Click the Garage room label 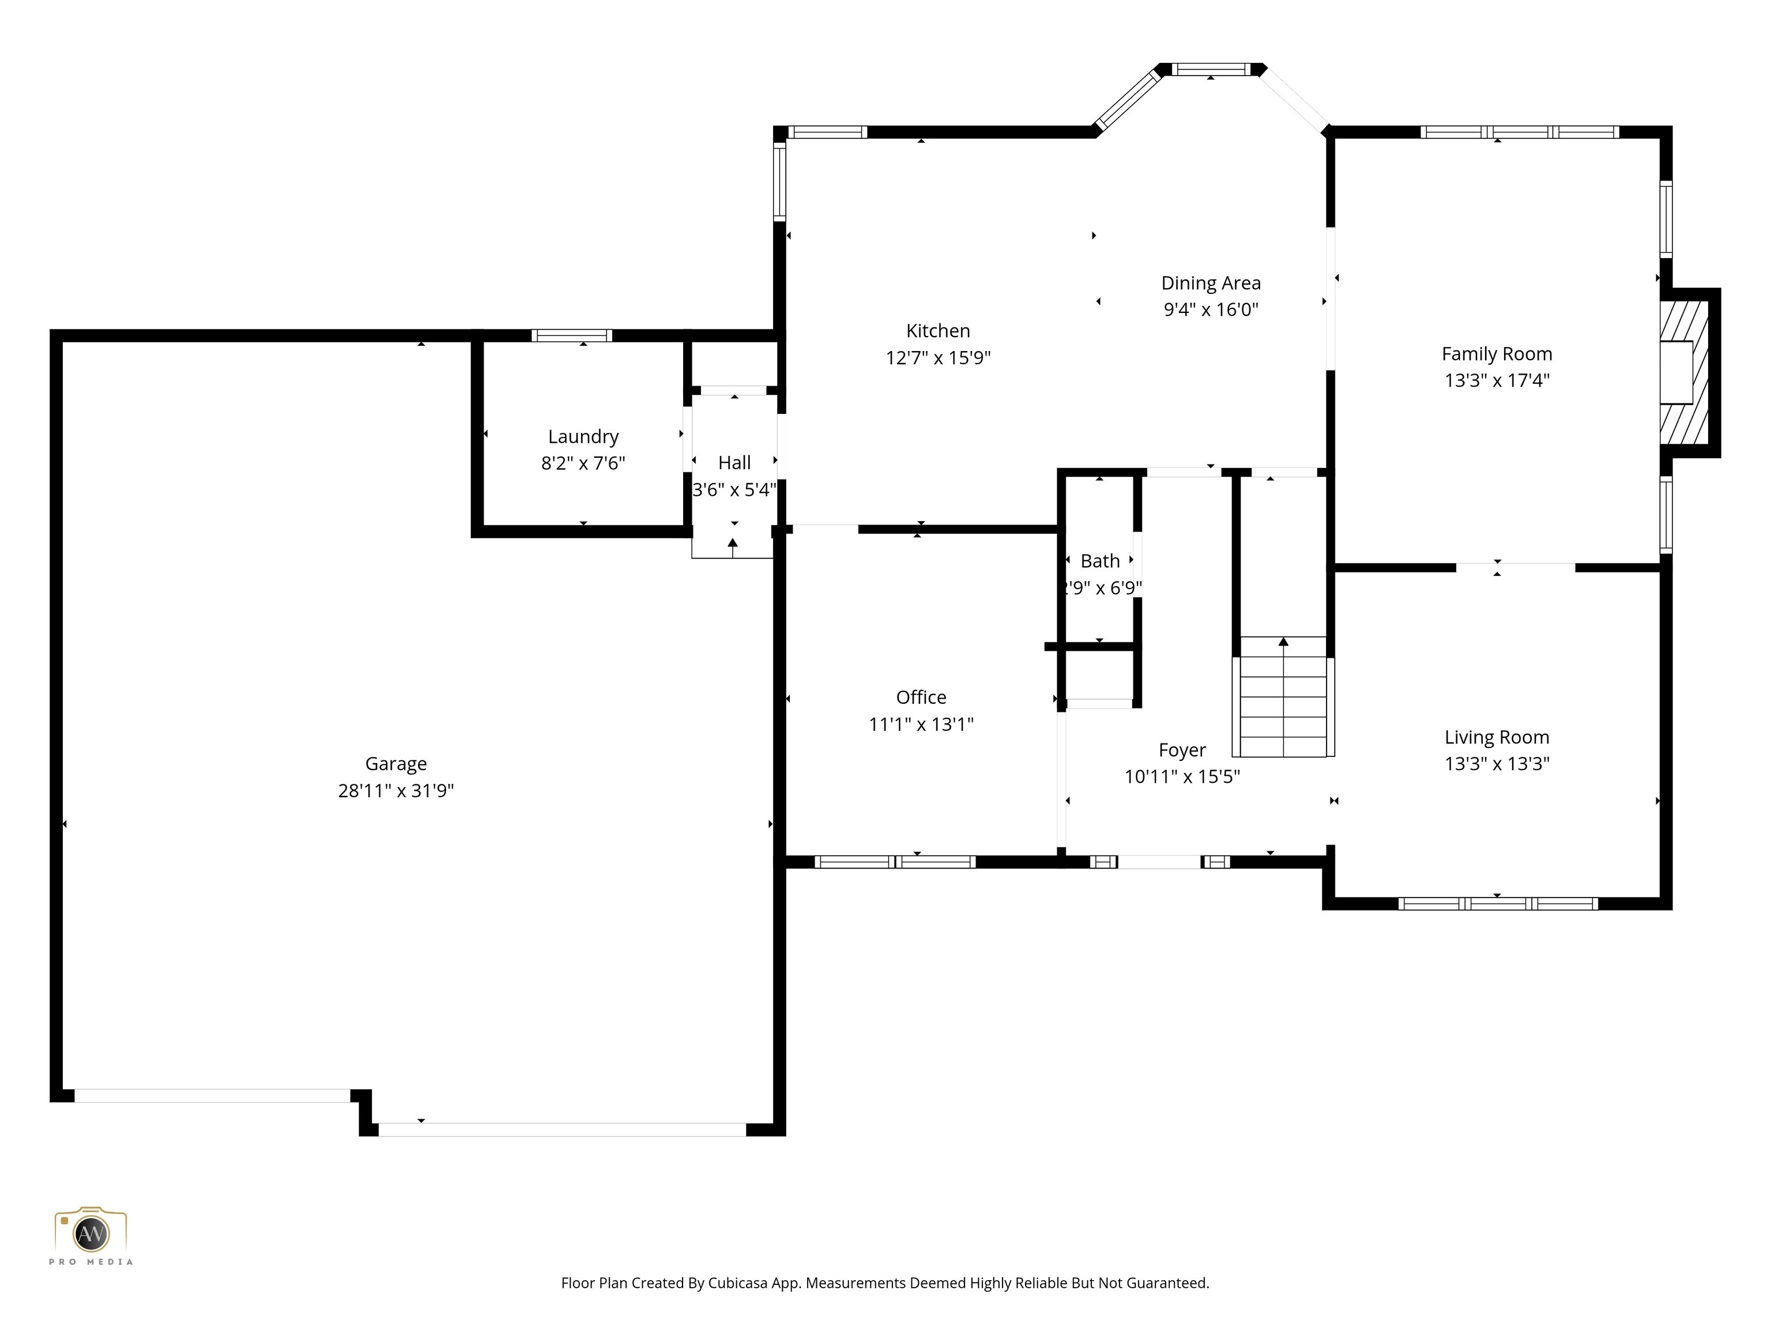tap(395, 764)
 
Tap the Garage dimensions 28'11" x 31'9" tap(395, 791)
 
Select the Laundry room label tap(583, 436)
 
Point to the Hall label tap(734, 463)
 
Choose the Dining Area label tap(1211, 282)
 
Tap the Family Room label tap(1497, 354)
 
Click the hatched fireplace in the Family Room tap(1684, 373)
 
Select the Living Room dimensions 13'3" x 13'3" tap(1497, 764)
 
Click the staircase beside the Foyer tap(1283, 696)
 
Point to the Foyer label tap(1182, 750)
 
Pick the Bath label tap(1100, 561)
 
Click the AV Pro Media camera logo tap(91, 1233)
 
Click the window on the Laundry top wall tap(572, 335)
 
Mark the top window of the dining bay tap(1211, 70)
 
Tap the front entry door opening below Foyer tap(1159, 862)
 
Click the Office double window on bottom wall tap(895, 862)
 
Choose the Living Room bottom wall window tap(1497, 904)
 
